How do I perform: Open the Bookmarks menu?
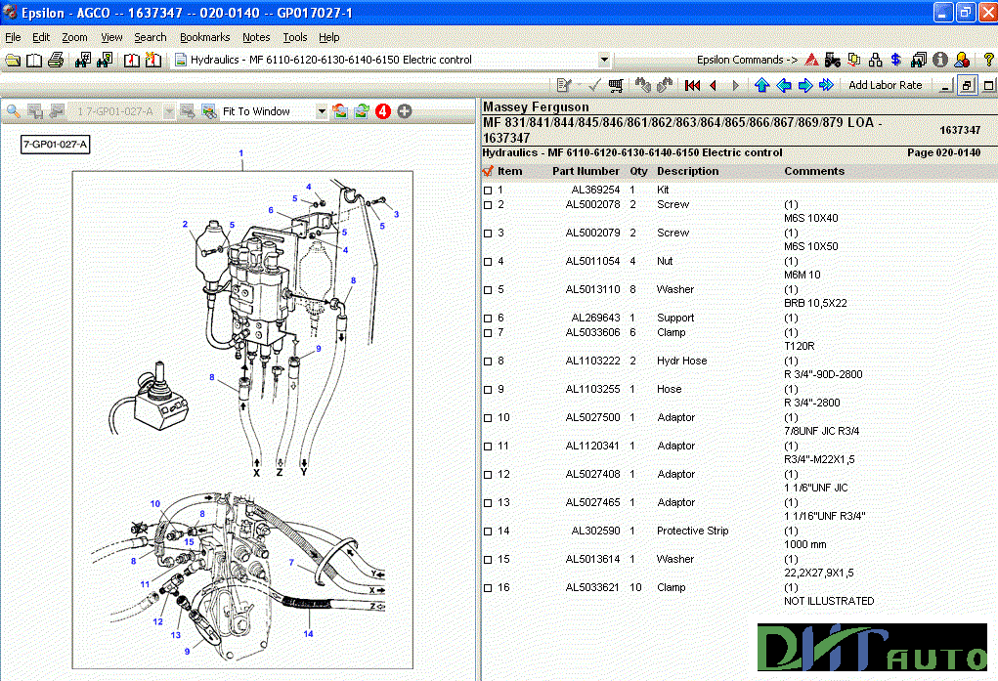pos(204,37)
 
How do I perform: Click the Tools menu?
pos(294,37)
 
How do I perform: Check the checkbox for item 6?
pos(488,318)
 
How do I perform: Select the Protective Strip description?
pos(693,531)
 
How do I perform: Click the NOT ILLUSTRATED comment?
pos(829,601)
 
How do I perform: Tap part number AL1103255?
pos(592,389)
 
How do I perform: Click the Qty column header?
pos(638,171)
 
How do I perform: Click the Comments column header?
pos(813,171)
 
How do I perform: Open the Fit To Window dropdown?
pos(322,111)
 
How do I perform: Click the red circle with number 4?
pos(382,111)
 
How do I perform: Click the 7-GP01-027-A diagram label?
pos(56,146)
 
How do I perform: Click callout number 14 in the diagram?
pos(308,634)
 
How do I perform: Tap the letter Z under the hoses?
pos(281,472)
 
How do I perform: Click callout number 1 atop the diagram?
pos(241,153)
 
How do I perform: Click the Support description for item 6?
pos(675,318)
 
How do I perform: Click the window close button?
pos(985,12)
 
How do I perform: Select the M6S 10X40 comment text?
pos(810,218)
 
